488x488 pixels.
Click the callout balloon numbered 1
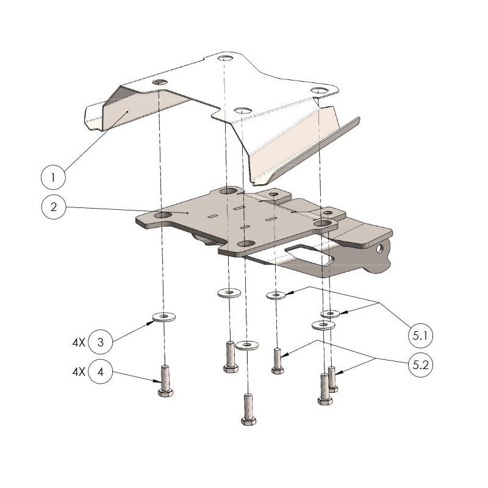click(x=53, y=178)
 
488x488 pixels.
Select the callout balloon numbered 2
click(x=54, y=207)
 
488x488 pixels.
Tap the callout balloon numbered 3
click(x=100, y=342)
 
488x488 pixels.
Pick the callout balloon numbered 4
click(x=100, y=371)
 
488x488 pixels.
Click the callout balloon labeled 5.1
click(x=420, y=336)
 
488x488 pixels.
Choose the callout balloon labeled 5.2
click(x=420, y=364)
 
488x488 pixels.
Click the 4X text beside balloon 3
click(x=79, y=343)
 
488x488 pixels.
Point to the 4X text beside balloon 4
click(x=79, y=371)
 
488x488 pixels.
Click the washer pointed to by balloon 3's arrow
click(x=163, y=317)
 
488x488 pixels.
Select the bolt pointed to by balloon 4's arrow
click(x=165, y=381)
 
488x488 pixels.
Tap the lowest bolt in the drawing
click(x=248, y=409)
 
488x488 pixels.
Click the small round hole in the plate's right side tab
click(x=379, y=249)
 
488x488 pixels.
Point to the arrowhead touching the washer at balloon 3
click(x=150, y=323)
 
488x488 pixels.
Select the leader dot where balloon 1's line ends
click(x=127, y=111)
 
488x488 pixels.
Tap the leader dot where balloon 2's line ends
click(x=187, y=213)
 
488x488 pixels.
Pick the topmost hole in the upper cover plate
click(x=224, y=58)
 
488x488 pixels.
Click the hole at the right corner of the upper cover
click(x=319, y=90)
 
